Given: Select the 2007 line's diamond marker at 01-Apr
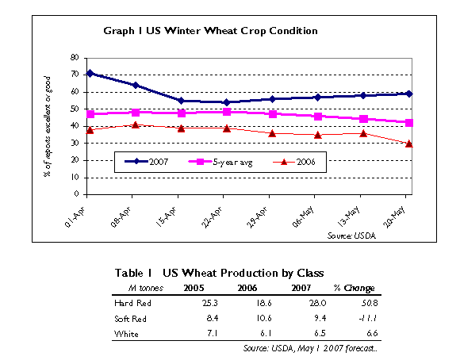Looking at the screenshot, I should (90, 73).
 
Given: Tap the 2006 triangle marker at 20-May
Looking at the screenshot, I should (408, 144).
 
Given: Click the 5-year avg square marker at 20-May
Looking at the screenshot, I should (408, 122).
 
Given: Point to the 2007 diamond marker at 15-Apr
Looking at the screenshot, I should (181, 101).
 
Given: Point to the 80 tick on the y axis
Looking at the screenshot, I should (74, 58).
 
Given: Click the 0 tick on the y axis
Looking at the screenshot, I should (76, 194).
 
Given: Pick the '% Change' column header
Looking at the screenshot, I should (355, 288).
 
